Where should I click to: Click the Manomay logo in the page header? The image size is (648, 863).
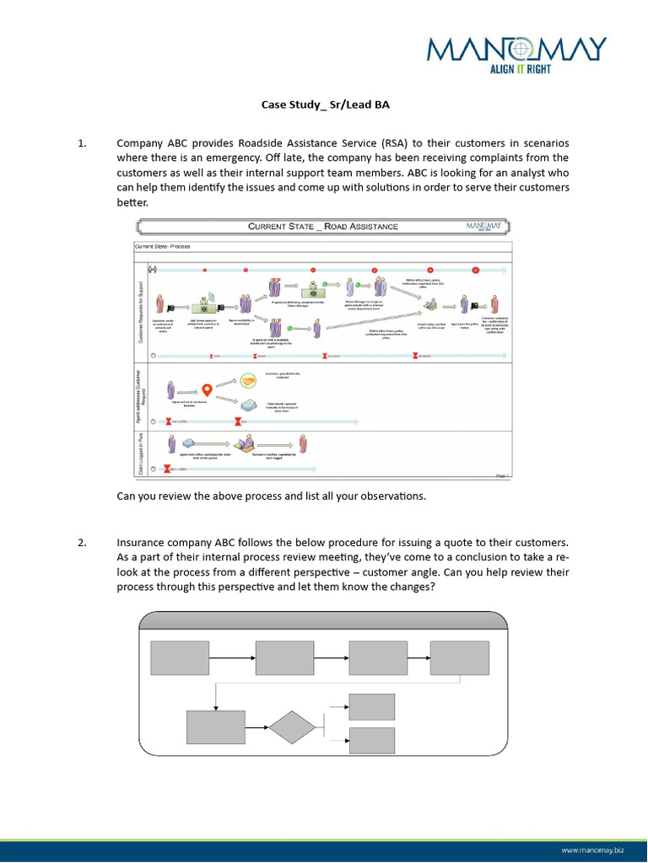(516, 51)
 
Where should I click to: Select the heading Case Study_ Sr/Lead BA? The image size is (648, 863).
(323, 105)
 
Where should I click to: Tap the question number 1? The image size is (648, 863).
(82, 143)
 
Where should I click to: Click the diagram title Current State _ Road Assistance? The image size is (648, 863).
(323, 226)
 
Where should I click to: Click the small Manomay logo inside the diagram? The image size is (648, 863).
(486, 226)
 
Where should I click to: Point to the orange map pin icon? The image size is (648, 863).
(206, 389)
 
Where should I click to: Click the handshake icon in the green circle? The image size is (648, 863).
(248, 381)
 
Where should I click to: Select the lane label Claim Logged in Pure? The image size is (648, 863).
(141, 455)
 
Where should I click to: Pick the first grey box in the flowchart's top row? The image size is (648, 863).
(180, 657)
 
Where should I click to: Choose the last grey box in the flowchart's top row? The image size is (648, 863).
(459, 657)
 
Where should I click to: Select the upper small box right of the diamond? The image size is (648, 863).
(371, 706)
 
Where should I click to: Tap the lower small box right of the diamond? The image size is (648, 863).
(371, 740)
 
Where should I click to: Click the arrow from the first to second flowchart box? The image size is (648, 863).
(232, 657)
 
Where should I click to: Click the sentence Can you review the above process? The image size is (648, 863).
(271, 496)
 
